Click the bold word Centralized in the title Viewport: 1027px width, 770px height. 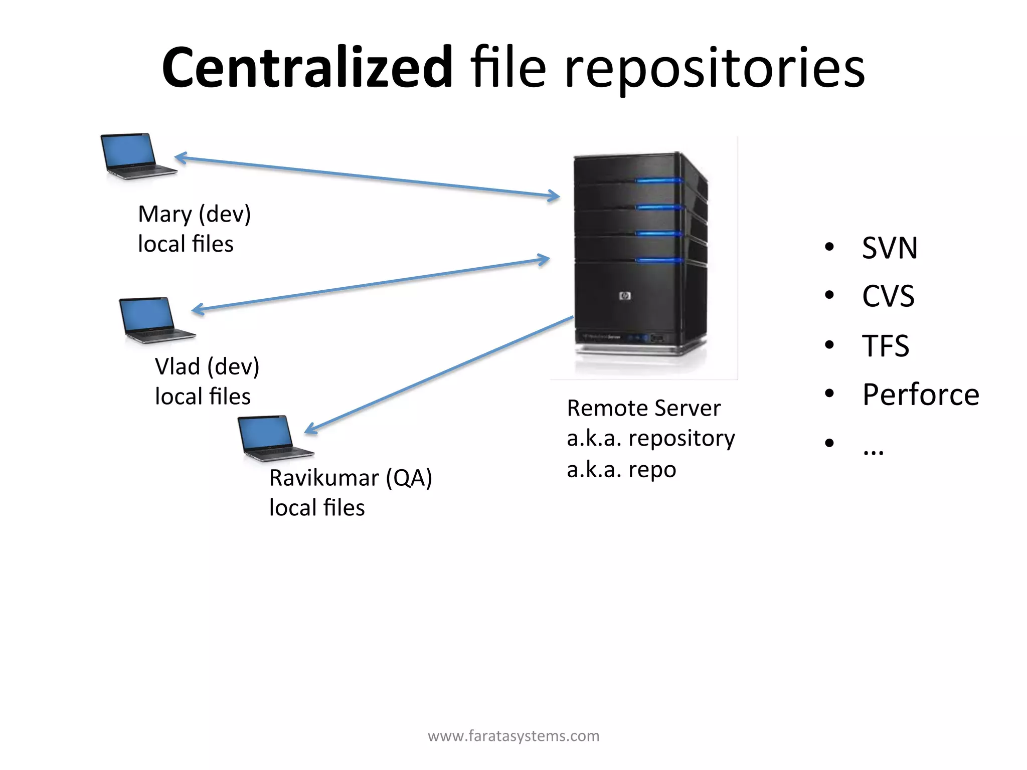click(x=307, y=68)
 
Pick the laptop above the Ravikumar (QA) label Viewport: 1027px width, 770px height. click(x=274, y=437)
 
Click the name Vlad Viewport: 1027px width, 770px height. click(x=177, y=366)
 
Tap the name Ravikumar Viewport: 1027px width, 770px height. click(x=324, y=478)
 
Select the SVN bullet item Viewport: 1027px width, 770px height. click(x=889, y=248)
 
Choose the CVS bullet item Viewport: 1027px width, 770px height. click(x=888, y=296)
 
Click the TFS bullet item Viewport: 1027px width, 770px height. click(x=885, y=346)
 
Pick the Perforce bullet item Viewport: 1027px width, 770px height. click(x=920, y=395)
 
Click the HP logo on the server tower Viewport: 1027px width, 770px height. click(x=625, y=296)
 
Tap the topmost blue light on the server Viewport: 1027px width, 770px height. click(x=658, y=180)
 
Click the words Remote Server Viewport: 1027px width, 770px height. click(x=643, y=408)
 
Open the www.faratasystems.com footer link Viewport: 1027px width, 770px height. click(x=513, y=736)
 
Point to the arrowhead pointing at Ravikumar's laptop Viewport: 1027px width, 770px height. click(x=310, y=429)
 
